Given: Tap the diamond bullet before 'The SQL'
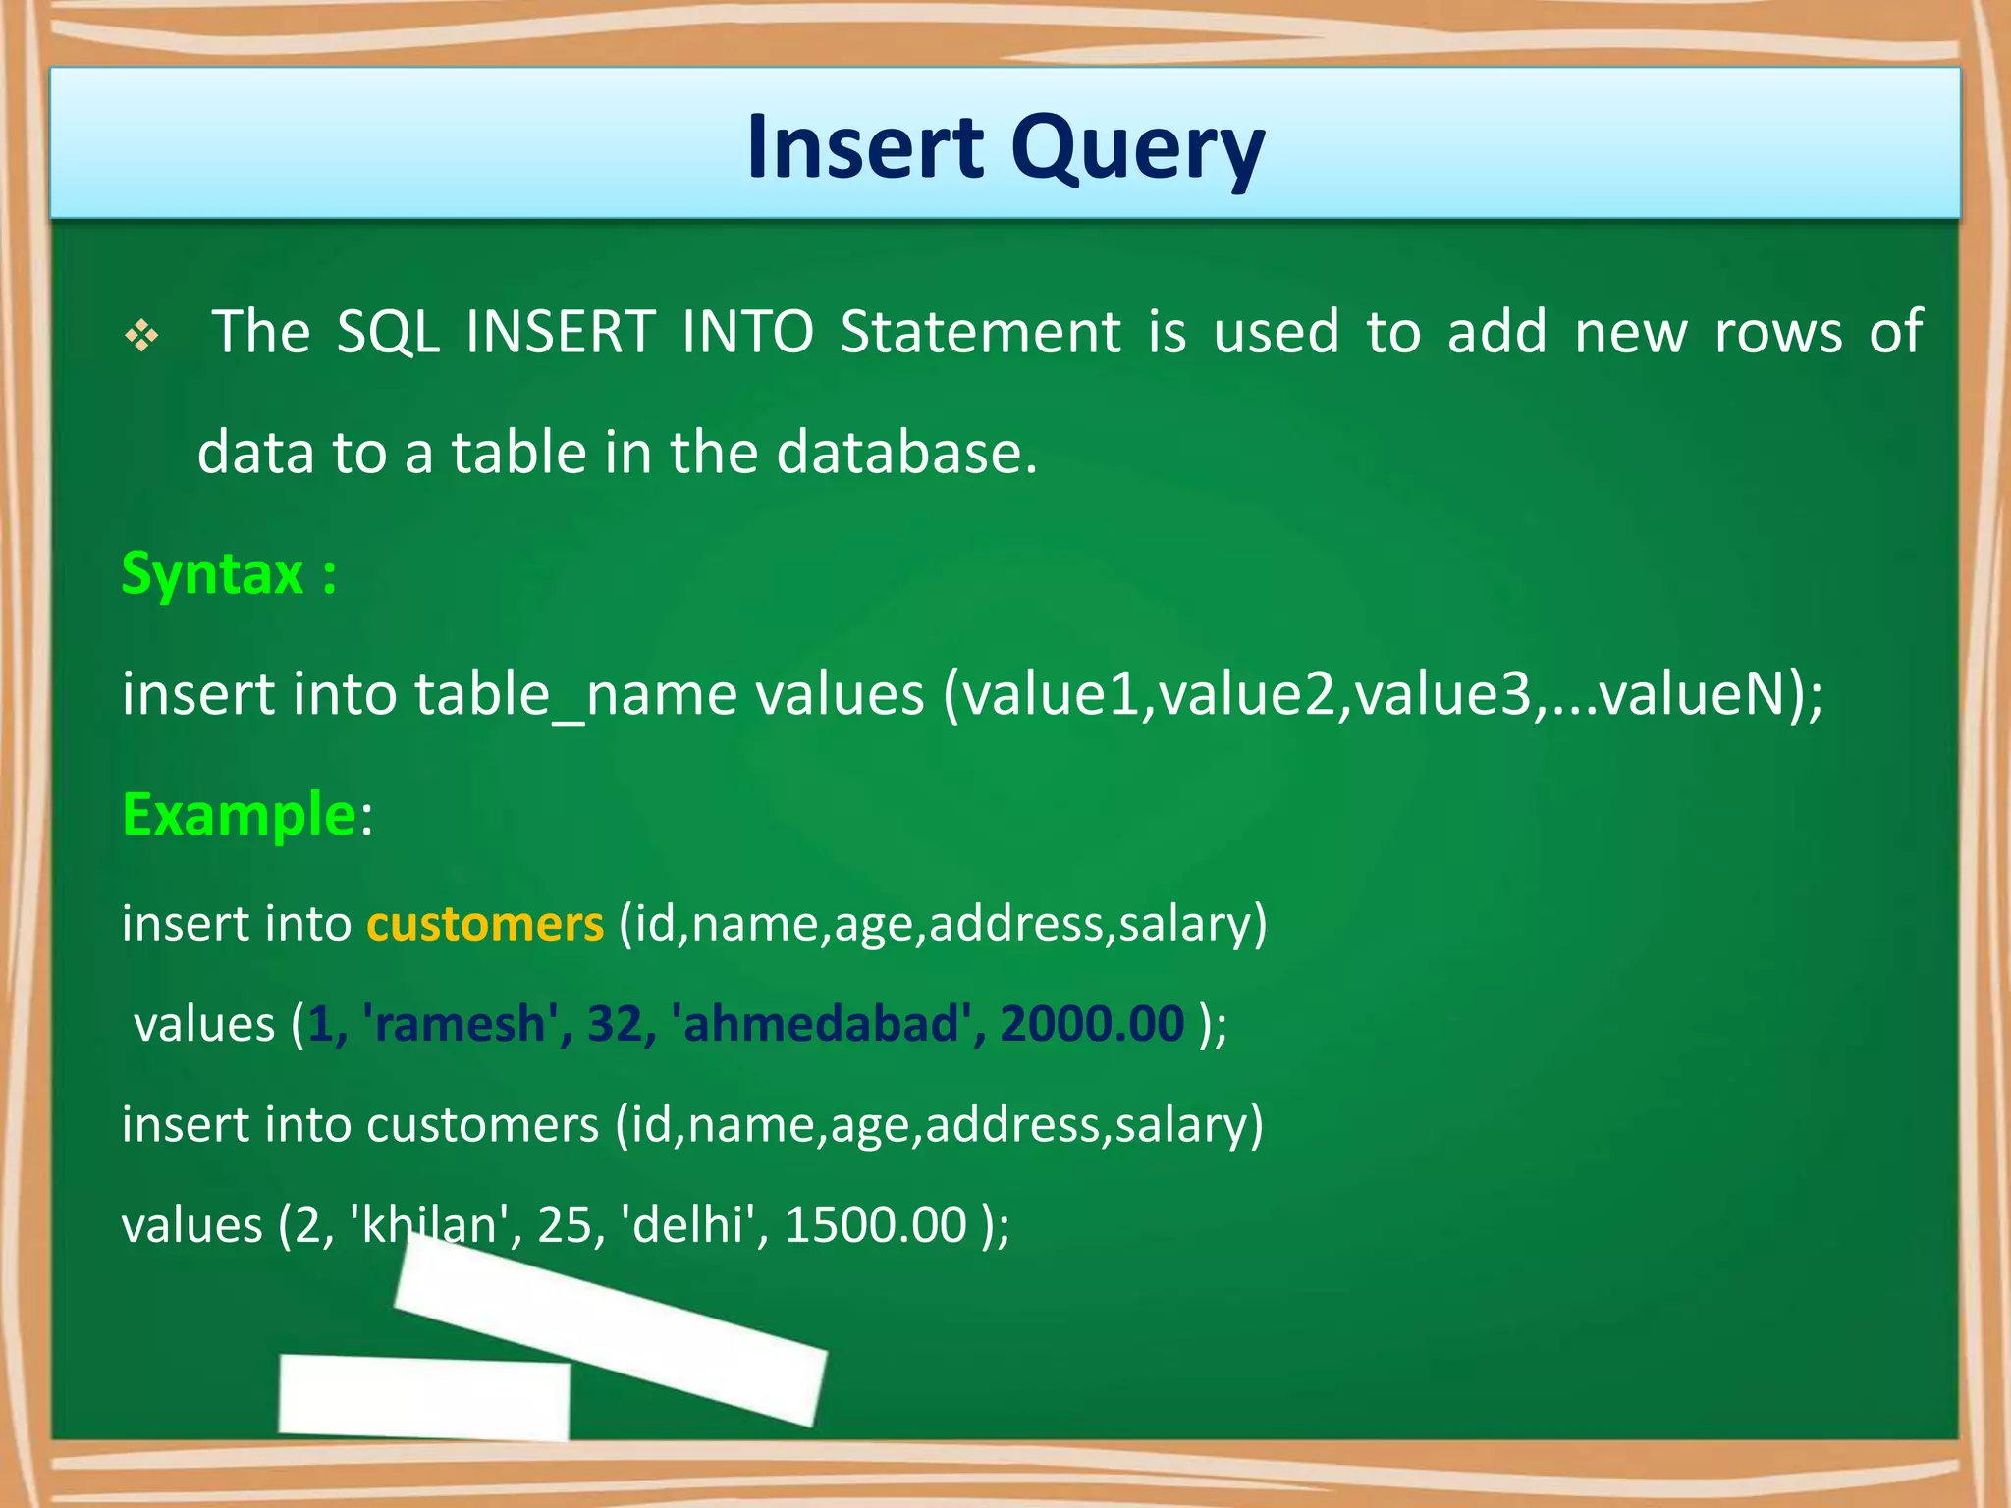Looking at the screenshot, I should (x=142, y=337).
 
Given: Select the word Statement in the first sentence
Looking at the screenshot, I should (x=980, y=332).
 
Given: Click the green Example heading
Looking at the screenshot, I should (x=239, y=815).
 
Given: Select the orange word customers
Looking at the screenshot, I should (x=485, y=924).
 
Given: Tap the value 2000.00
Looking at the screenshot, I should (x=1092, y=1024).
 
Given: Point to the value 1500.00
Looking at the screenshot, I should (x=876, y=1225).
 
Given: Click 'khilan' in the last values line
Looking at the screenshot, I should (x=428, y=1225).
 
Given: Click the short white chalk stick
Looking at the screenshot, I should (x=424, y=1397).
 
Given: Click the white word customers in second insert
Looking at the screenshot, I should (x=482, y=1124).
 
